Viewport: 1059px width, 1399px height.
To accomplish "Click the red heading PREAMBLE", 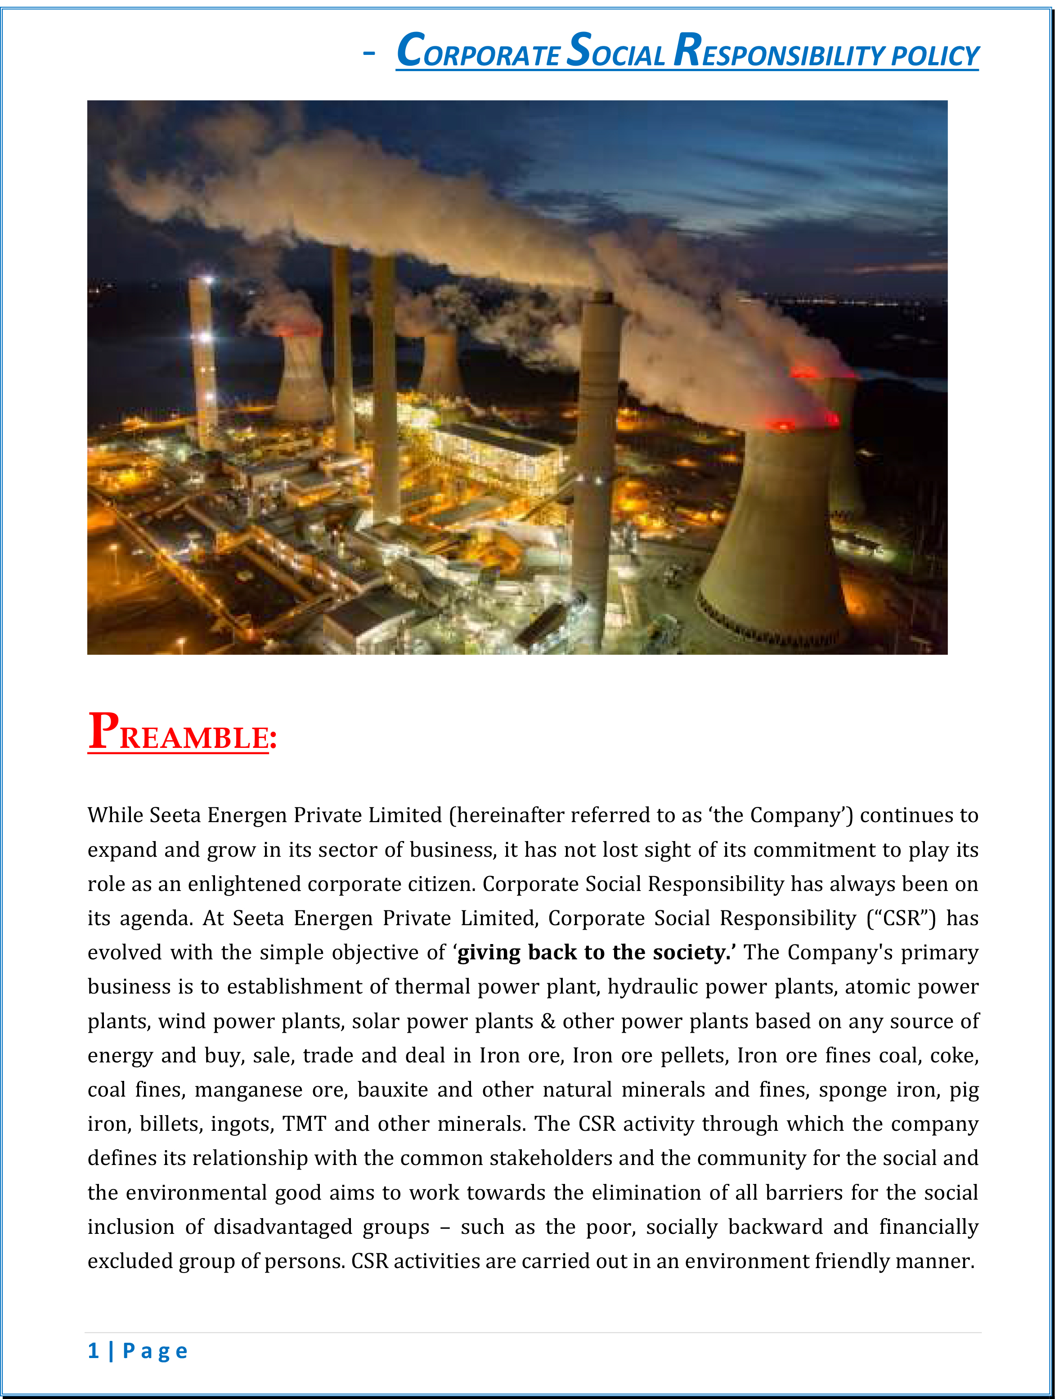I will tap(182, 733).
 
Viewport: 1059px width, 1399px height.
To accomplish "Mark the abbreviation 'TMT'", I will tap(304, 1124).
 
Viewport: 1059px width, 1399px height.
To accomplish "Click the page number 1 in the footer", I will tap(94, 1350).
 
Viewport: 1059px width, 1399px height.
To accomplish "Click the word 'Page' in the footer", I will tap(155, 1351).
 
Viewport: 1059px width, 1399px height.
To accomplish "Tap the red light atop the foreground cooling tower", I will tap(784, 425).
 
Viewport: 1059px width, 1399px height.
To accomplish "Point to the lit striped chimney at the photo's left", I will tap(204, 360).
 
